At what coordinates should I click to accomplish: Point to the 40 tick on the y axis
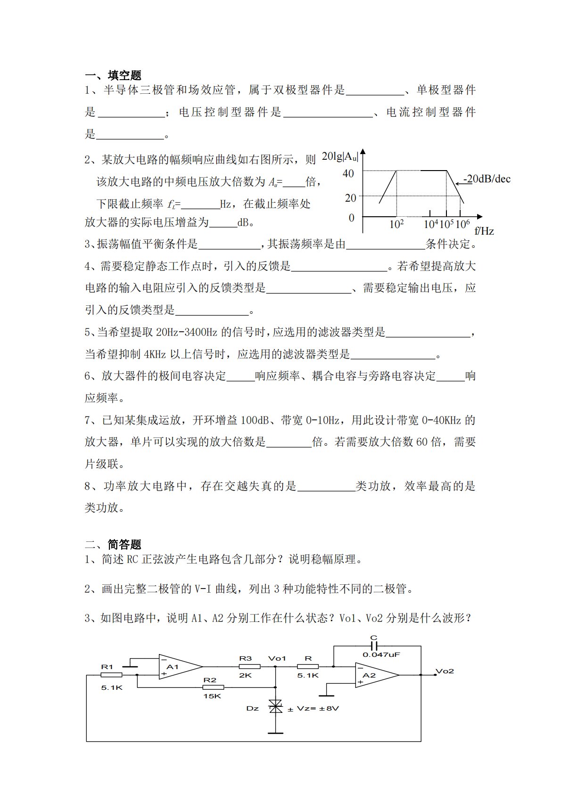click(348, 174)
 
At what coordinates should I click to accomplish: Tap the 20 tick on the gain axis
click(350, 198)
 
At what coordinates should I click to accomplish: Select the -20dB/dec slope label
click(487, 179)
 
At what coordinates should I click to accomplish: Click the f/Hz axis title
click(484, 231)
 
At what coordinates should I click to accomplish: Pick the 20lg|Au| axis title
click(340, 156)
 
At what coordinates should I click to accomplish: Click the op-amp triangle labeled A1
click(180, 667)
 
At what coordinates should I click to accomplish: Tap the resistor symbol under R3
click(249, 667)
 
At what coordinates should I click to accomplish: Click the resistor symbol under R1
click(111, 675)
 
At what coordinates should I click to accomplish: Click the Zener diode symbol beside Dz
click(275, 706)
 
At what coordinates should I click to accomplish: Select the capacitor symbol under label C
click(374, 646)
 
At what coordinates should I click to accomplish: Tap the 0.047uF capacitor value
click(381, 655)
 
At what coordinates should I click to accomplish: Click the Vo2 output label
click(445, 671)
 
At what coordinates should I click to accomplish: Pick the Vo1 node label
click(277, 658)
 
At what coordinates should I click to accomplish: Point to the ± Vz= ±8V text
click(313, 709)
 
